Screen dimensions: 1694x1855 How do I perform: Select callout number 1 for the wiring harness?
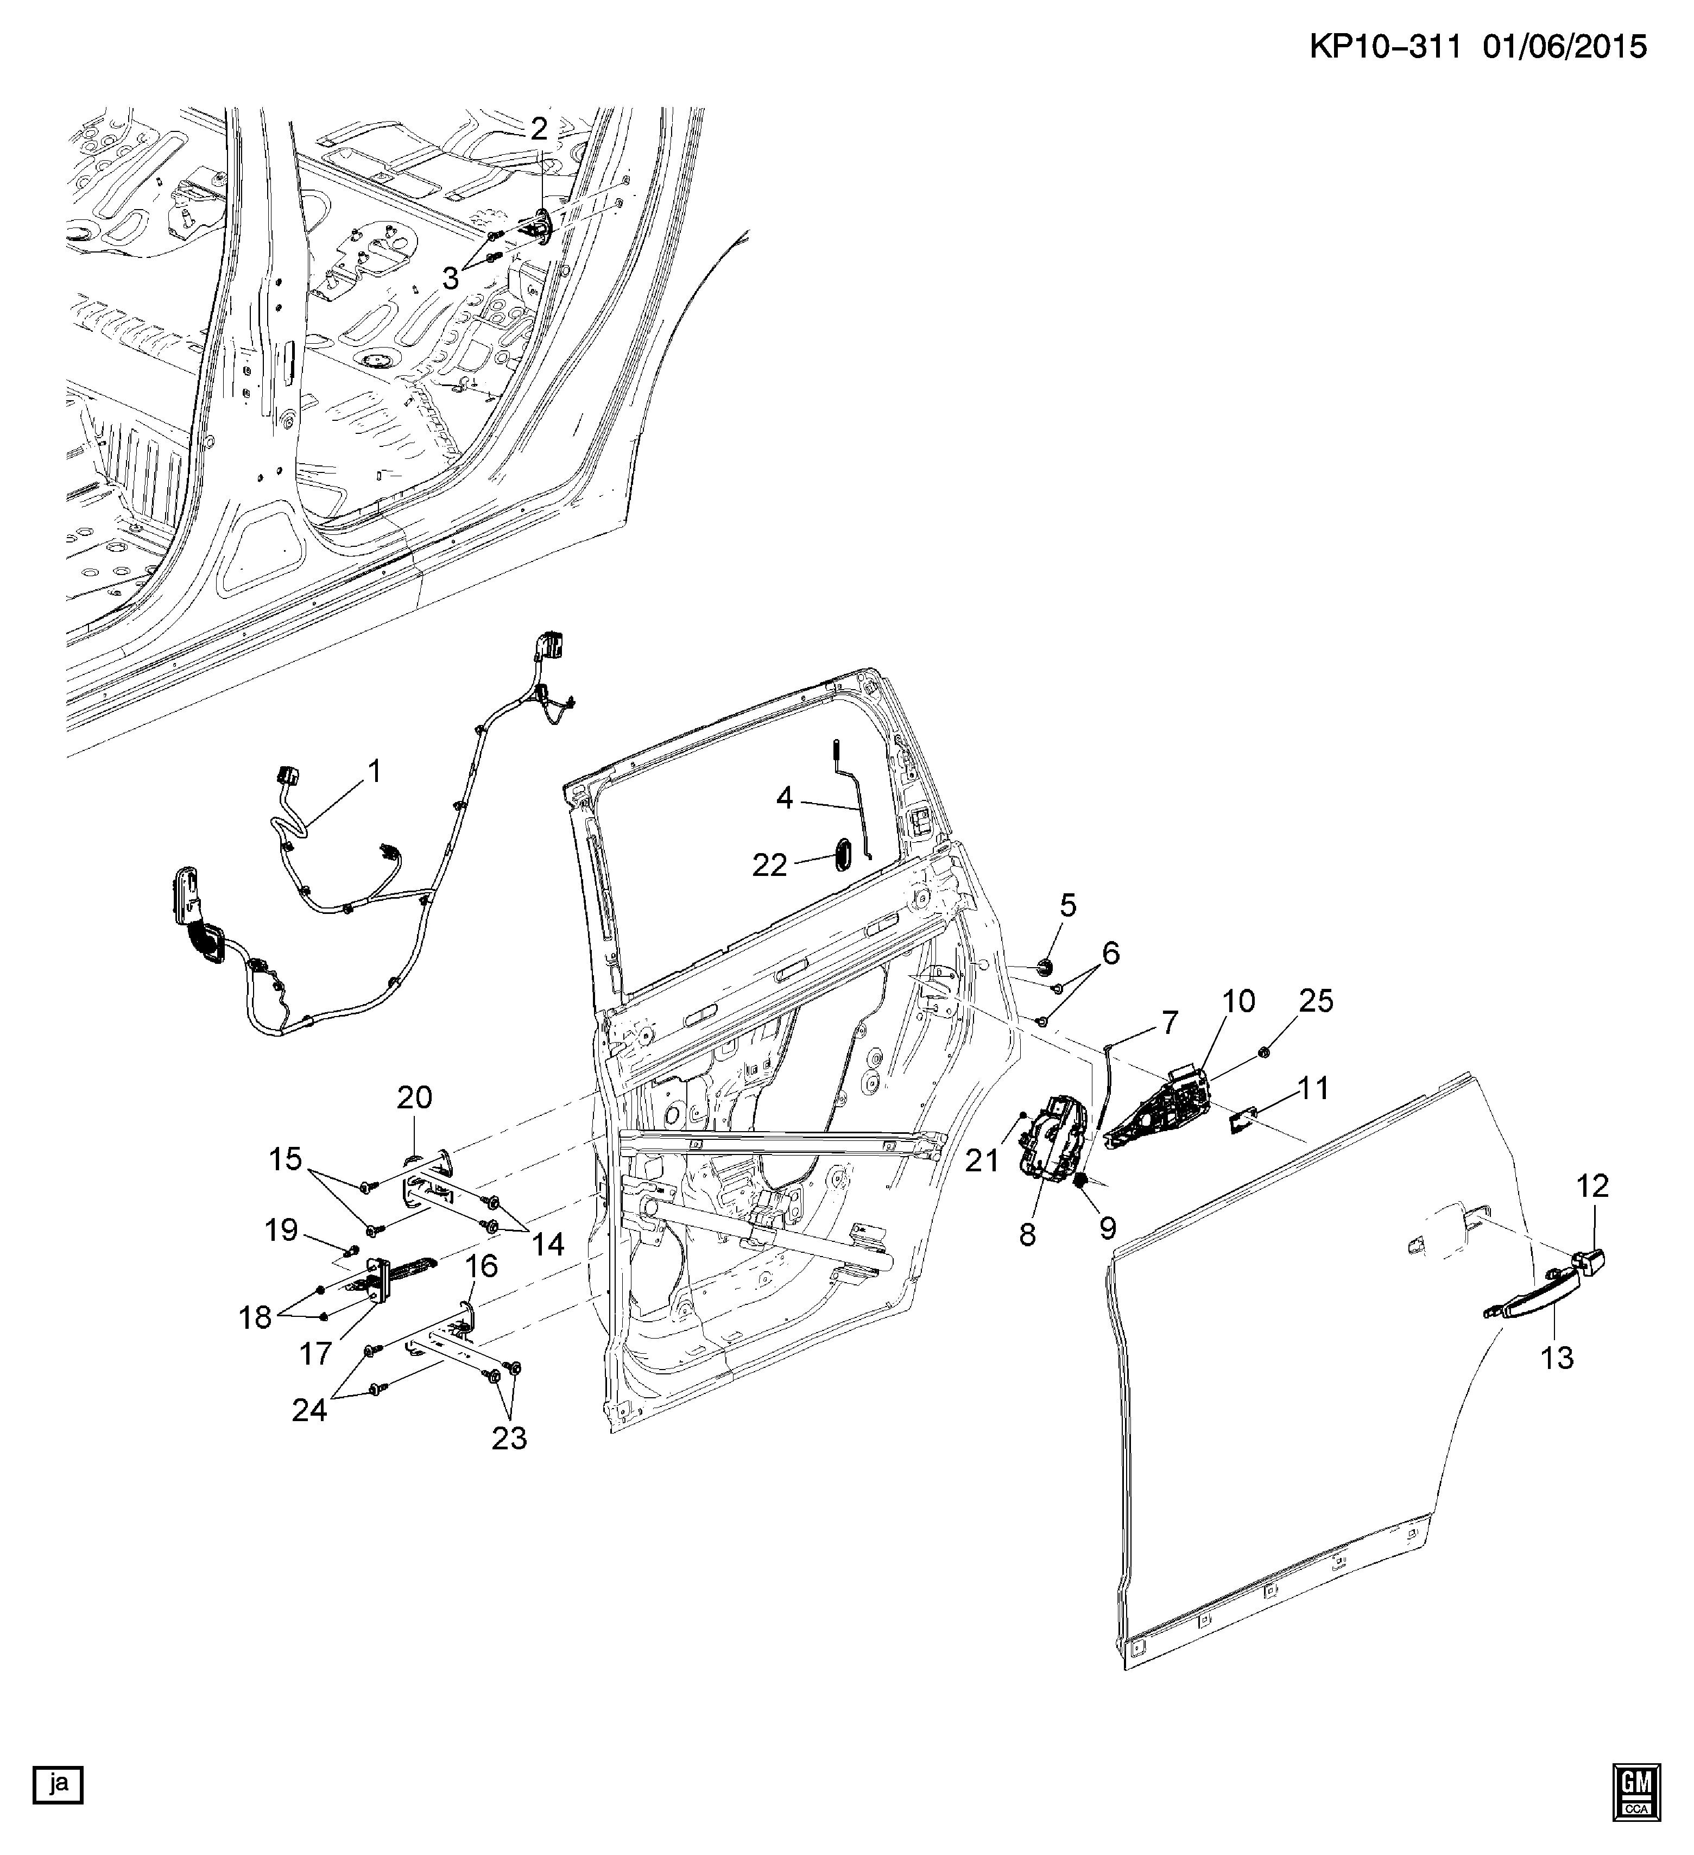[x=374, y=771]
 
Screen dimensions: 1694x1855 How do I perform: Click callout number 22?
[x=770, y=865]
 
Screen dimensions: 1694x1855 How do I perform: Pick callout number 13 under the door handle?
[x=1557, y=1356]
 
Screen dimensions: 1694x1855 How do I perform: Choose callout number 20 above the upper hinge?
[x=414, y=1097]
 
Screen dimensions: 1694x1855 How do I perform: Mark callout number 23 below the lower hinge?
[x=509, y=1438]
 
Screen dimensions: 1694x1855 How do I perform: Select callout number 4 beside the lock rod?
[x=784, y=798]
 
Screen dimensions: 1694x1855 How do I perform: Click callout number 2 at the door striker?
[x=538, y=128]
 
